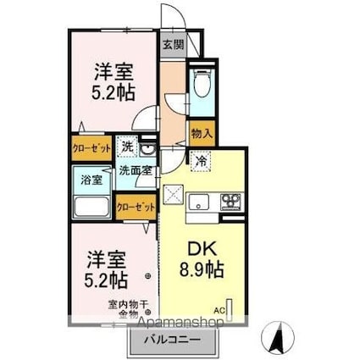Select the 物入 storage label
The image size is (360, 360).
tap(201, 133)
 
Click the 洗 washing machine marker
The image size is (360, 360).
tap(125, 146)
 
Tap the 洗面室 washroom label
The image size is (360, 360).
tap(133, 169)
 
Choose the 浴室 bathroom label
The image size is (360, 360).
tap(91, 180)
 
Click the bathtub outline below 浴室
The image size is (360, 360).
tap(91, 208)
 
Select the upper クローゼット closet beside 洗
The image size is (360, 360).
tap(90, 146)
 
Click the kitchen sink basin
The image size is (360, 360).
tap(199, 202)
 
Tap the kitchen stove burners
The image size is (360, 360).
tap(230, 202)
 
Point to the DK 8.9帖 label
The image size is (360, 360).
tap(202, 261)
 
